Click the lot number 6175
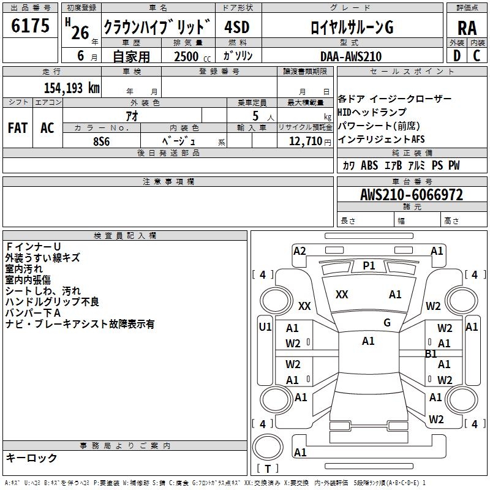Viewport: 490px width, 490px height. (31, 26)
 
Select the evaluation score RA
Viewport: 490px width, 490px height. (467, 28)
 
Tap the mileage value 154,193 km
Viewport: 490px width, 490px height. (71, 88)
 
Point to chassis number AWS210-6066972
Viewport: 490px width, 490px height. (412, 195)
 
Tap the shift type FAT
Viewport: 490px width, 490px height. (17, 128)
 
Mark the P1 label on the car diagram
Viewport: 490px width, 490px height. (369, 265)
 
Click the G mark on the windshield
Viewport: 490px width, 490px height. (387, 322)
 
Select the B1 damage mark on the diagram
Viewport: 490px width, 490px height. (431, 353)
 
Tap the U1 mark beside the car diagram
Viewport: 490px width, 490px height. (265, 327)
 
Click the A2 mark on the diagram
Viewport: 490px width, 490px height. (300, 251)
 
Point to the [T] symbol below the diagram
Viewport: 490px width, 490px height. (267, 469)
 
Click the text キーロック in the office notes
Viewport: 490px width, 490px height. (31, 458)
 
